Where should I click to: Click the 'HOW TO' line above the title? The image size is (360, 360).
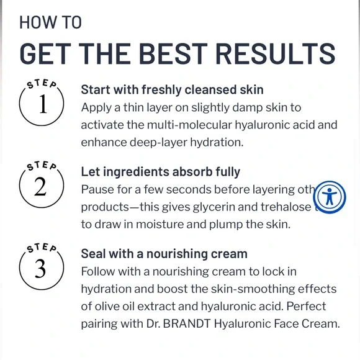(x=50, y=22)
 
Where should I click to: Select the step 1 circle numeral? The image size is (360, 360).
(x=42, y=104)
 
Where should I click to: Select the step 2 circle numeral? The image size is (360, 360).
(x=41, y=186)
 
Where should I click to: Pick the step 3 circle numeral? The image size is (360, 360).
(x=41, y=269)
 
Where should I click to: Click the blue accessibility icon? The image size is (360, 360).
(x=330, y=198)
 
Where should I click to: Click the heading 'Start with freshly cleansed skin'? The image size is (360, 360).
(x=172, y=89)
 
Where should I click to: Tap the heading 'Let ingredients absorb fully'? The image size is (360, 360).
(x=160, y=171)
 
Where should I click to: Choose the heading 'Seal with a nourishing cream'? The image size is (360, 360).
(x=164, y=254)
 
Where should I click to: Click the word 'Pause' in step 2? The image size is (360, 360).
(x=96, y=189)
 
